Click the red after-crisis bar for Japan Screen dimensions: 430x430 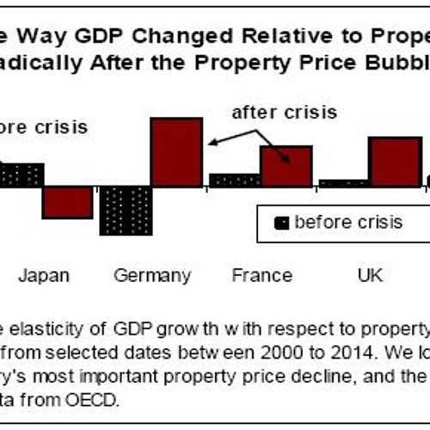pyautogui.click(x=67, y=202)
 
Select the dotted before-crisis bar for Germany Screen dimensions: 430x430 pyautogui.click(x=126, y=210)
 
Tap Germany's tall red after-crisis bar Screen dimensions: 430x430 pyautogui.click(x=176, y=152)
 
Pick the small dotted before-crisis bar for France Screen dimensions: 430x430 pyautogui.click(x=235, y=180)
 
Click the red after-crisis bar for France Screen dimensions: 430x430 pyautogui.click(x=286, y=166)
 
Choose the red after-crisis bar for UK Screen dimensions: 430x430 pyautogui.click(x=395, y=162)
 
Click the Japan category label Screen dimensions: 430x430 pyautogui.click(x=44, y=276)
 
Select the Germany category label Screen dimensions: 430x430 pyautogui.click(x=152, y=276)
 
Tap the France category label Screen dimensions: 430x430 pyautogui.click(x=261, y=276)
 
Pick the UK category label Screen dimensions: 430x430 pyautogui.click(x=371, y=276)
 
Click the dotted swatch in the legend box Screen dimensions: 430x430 pyautogui.click(x=280, y=223)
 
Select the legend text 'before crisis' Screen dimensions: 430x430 pyautogui.click(x=348, y=223)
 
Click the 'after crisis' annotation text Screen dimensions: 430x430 pyautogui.click(x=285, y=113)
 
